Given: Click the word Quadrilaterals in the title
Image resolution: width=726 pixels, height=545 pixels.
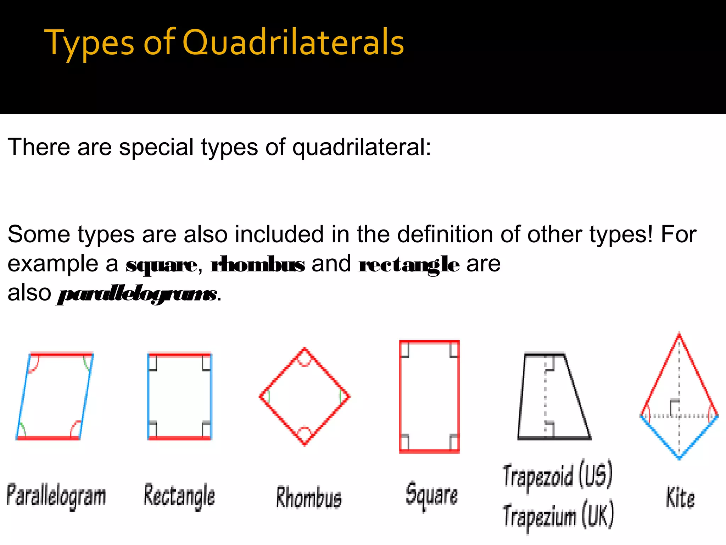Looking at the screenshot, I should (x=293, y=43).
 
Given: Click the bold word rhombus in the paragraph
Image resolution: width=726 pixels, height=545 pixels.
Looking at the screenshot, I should (x=258, y=264).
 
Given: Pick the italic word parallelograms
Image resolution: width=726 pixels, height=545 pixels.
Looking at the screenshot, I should (x=137, y=294).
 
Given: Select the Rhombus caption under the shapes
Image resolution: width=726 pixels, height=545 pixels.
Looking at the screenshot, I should (x=309, y=497).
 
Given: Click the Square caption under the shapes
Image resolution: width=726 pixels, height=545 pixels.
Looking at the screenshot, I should (x=432, y=495).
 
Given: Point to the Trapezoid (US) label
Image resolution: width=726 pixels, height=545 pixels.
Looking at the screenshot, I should (x=558, y=475).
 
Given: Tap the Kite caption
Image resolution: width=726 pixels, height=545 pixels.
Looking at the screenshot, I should (x=680, y=497).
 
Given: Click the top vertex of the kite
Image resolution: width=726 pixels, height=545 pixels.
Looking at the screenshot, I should (x=679, y=334).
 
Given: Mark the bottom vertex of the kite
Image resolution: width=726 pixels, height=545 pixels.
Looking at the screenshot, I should (x=679, y=458).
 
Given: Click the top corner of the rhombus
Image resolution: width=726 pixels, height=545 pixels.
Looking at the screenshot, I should (x=305, y=349).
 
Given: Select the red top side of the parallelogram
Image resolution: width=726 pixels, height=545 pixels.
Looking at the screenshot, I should (x=61, y=354).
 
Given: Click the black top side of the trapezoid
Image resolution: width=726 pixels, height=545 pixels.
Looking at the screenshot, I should (x=544, y=354).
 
